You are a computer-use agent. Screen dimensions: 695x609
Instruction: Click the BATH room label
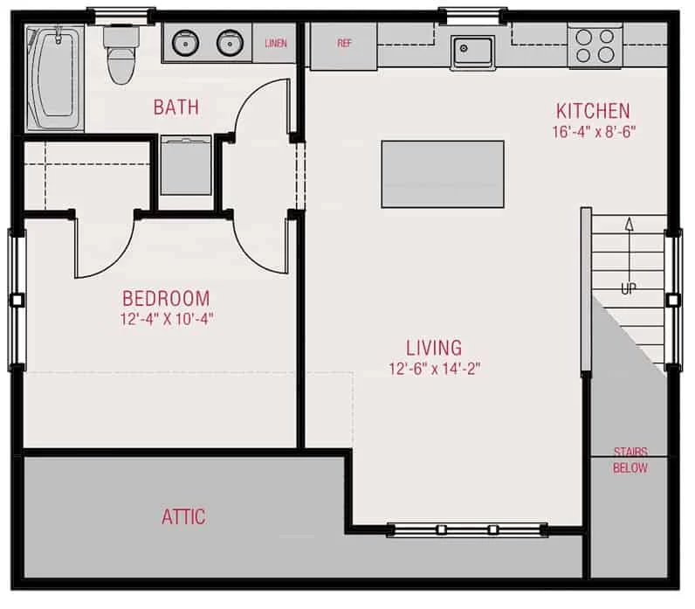tap(176, 107)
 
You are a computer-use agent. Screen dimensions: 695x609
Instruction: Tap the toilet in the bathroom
tap(121, 55)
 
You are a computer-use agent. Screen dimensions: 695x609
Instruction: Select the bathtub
tap(55, 78)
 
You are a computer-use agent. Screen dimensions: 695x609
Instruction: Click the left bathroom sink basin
tap(185, 43)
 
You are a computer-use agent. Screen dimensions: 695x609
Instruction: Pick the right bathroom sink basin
tap(230, 43)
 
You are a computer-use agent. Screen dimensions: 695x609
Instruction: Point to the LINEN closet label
tap(276, 43)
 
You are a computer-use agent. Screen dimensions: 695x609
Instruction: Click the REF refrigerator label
tap(344, 43)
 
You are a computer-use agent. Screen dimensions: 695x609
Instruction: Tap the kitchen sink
tap(472, 52)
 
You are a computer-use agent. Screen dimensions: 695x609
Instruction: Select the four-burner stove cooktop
tap(595, 45)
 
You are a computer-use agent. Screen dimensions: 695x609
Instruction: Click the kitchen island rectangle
tap(443, 174)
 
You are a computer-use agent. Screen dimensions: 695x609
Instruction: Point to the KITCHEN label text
tap(593, 111)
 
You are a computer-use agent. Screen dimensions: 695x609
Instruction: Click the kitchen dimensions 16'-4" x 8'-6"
tap(594, 132)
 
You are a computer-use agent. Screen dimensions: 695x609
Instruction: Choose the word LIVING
tap(434, 348)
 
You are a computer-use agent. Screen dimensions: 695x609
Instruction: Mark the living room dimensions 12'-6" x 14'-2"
tap(435, 369)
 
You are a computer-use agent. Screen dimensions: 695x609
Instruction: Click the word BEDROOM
tap(166, 299)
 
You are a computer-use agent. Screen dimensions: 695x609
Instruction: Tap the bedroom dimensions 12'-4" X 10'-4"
tap(167, 319)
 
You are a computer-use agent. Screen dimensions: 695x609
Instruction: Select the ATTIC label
tap(183, 516)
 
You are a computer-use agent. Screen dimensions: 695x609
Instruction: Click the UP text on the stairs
tap(629, 288)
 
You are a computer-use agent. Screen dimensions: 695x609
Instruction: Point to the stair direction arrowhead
tap(629, 224)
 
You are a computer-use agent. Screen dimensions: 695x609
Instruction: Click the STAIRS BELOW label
tap(630, 460)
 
